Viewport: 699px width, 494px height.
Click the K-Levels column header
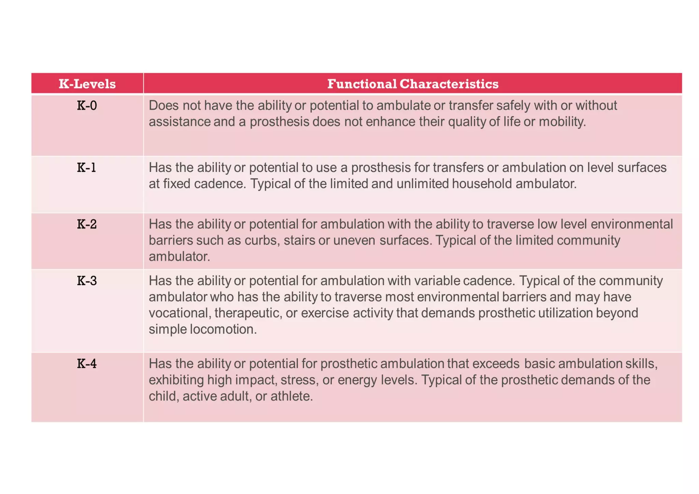coord(87,84)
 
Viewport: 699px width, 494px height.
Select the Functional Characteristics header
coord(413,84)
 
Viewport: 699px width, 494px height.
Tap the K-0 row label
coord(87,106)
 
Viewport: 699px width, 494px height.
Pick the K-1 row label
coord(86,168)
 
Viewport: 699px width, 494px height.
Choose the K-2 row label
coord(87,224)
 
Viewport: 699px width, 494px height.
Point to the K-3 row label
coord(87,281)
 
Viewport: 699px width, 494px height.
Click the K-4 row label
coord(87,364)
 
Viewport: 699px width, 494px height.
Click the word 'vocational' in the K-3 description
coord(179,313)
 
